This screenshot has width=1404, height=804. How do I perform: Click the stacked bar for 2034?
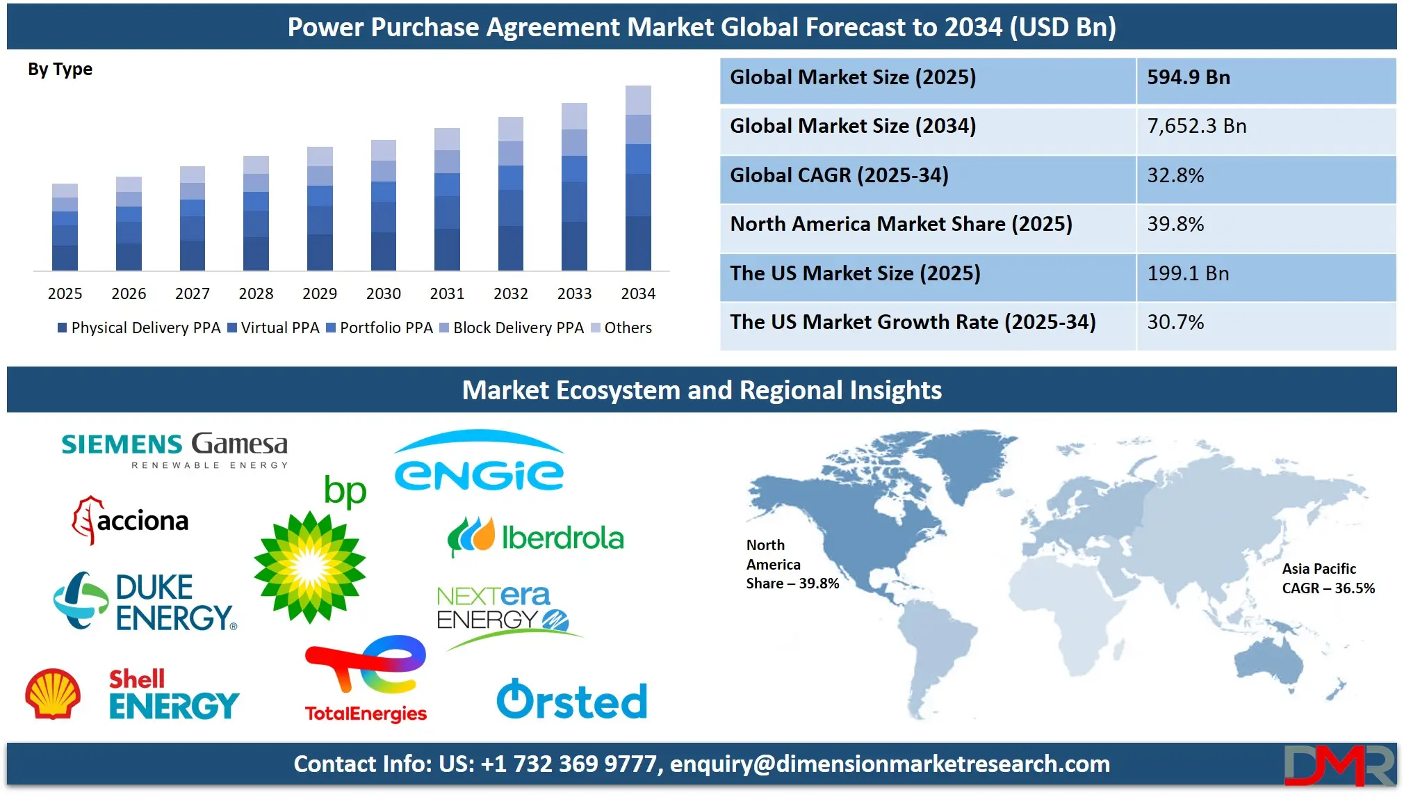point(638,178)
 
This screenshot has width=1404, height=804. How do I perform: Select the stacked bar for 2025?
point(65,227)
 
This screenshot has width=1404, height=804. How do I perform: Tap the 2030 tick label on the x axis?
point(384,294)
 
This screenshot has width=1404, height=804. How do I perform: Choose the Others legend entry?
point(621,328)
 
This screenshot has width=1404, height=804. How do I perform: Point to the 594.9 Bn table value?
point(1189,77)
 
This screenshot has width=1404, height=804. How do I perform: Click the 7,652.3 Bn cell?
point(1197,126)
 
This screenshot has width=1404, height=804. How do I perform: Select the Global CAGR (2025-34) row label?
point(839,175)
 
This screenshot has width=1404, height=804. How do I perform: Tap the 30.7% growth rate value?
point(1175,322)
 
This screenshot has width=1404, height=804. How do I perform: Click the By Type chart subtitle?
point(60,70)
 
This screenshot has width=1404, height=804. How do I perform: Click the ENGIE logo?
point(479,460)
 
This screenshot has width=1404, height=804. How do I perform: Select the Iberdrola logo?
point(535,537)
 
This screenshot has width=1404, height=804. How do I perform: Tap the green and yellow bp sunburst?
point(310,568)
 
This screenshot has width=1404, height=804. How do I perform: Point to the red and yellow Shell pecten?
point(53,693)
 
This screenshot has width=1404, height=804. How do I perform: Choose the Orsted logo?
point(572,699)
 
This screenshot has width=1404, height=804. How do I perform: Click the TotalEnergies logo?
point(366,679)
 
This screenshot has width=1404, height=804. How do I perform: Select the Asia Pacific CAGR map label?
point(1328,579)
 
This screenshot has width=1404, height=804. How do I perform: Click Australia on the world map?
point(1269,660)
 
